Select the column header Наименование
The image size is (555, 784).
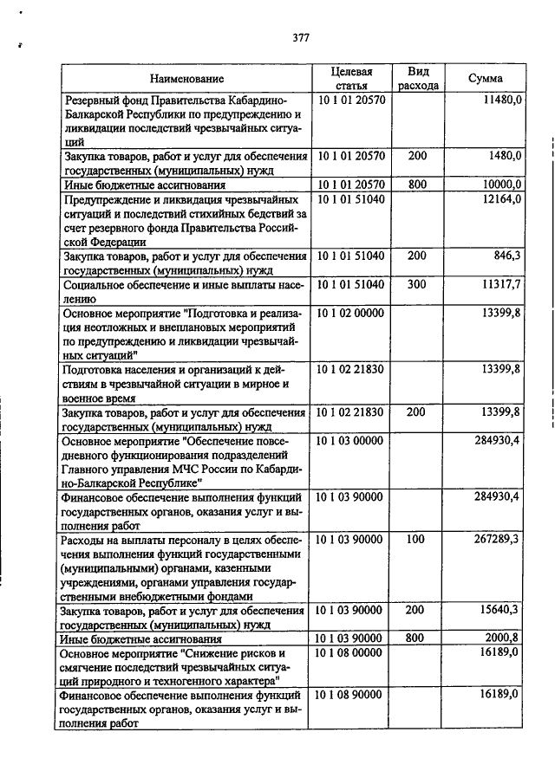[183, 79]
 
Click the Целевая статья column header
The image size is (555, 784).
[351, 78]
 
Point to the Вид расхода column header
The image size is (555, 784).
[418, 78]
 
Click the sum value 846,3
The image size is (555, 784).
[506, 256]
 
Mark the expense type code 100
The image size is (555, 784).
[416, 539]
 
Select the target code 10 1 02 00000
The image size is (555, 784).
[350, 312]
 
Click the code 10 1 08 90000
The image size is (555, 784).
[350, 695]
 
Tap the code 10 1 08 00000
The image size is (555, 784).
[350, 651]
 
